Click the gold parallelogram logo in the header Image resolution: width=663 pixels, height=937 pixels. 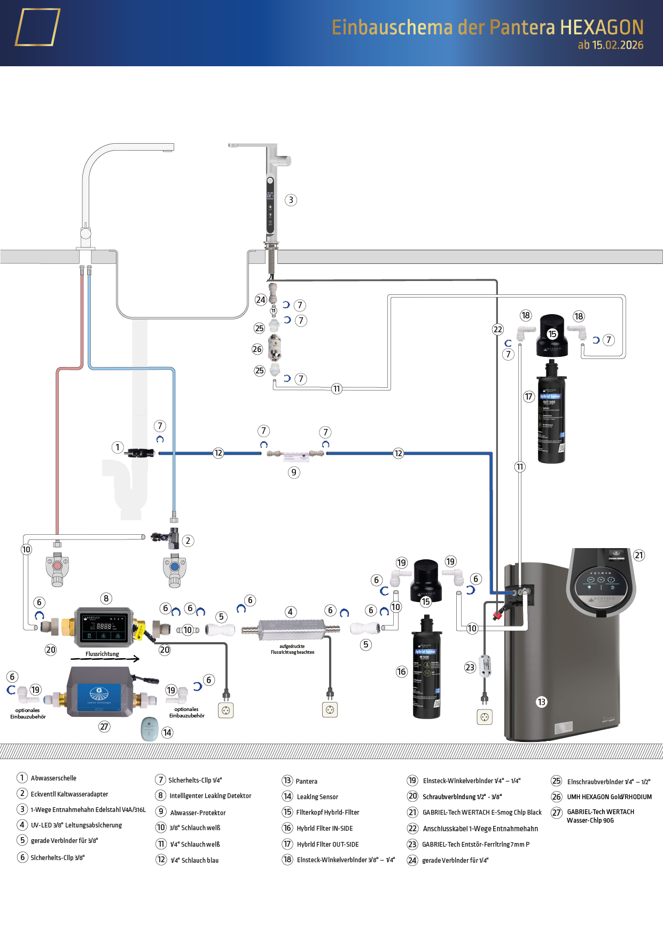pos(37,27)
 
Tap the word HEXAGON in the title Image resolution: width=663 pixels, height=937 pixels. pos(602,27)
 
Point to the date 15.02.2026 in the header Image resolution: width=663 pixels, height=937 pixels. pos(618,45)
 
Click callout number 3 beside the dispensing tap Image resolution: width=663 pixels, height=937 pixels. pos(291,200)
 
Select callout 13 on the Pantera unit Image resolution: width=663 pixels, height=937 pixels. pos(542,702)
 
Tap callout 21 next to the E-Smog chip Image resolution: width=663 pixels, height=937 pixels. pos(639,555)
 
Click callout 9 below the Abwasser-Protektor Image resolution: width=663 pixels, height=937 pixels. pos(294,472)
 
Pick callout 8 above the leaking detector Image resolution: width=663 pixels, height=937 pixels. pos(106,598)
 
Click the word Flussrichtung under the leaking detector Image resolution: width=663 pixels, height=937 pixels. pos(102,654)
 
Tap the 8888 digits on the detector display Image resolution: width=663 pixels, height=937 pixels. pos(104,626)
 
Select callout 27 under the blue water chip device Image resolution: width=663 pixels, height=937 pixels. pos(104,727)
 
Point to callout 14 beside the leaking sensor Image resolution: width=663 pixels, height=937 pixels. pos(167,732)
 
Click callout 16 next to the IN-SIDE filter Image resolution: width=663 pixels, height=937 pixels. pos(402,671)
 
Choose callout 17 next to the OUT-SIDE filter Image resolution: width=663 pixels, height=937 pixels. pos(529,396)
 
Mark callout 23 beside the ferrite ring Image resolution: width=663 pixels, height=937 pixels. pos(470,667)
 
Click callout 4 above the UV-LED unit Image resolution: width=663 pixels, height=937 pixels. pos(290,612)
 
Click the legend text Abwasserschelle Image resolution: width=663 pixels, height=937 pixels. pos(53,778)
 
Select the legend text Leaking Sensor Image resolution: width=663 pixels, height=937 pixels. pos(317,797)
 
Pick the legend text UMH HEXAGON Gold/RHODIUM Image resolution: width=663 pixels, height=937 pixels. pos(609,797)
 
